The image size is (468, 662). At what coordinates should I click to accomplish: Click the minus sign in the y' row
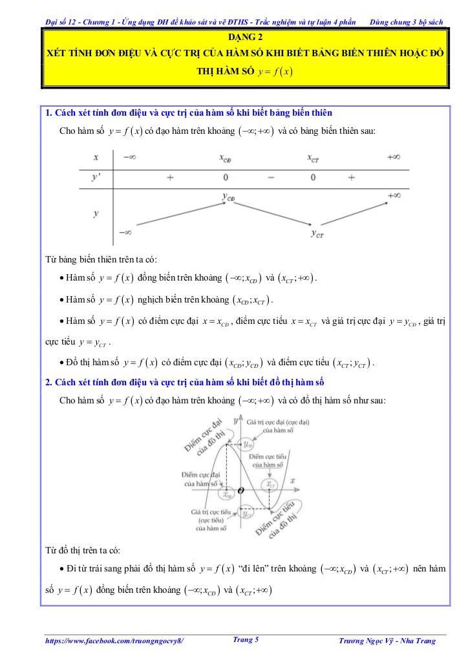(x=270, y=177)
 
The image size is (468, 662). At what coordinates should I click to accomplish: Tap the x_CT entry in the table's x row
(x=314, y=158)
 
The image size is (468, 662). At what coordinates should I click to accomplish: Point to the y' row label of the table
(x=96, y=177)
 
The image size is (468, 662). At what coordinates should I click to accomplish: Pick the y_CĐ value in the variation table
(x=228, y=197)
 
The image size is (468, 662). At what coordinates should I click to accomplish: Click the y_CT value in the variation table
(x=317, y=234)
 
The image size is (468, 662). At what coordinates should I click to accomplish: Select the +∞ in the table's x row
(x=393, y=157)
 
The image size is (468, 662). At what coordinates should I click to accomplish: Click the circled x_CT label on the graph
(x=269, y=484)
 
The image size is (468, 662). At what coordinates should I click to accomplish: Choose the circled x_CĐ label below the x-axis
(x=226, y=495)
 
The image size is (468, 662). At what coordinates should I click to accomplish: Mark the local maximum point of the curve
(x=226, y=443)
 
